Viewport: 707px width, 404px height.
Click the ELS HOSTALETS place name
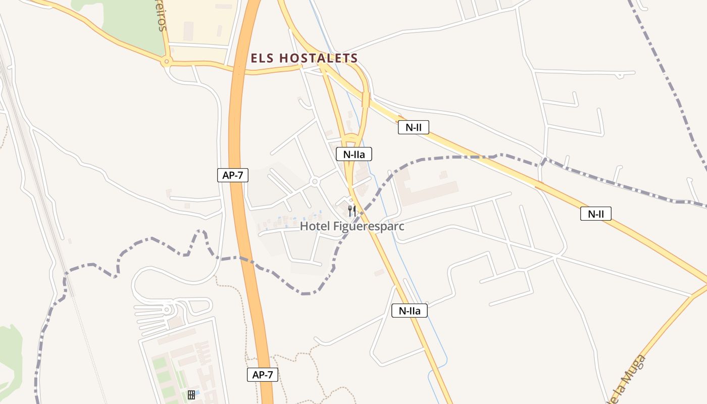(305, 58)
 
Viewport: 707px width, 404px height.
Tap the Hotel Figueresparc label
(352, 226)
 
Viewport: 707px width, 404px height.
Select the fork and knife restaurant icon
(352, 211)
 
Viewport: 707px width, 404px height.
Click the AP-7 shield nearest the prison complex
(263, 375)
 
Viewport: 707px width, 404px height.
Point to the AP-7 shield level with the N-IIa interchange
(233, 175)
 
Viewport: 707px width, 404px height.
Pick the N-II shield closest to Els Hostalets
(414, 127)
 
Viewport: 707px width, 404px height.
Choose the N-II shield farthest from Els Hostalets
(596, 214)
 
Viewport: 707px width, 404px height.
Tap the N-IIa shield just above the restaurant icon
(354, 154)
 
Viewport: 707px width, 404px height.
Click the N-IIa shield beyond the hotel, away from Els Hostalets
(410, 311)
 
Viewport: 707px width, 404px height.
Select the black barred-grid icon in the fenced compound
(191, 394)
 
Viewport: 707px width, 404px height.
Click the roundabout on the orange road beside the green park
(166, 62)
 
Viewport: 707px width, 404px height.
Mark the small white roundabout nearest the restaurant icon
(315, 181)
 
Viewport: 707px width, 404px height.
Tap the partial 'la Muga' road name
(629, 379)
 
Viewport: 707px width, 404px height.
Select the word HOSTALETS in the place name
(319, 58)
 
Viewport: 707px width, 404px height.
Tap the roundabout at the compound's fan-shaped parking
(167, 309)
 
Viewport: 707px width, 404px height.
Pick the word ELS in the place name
(263, 58)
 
